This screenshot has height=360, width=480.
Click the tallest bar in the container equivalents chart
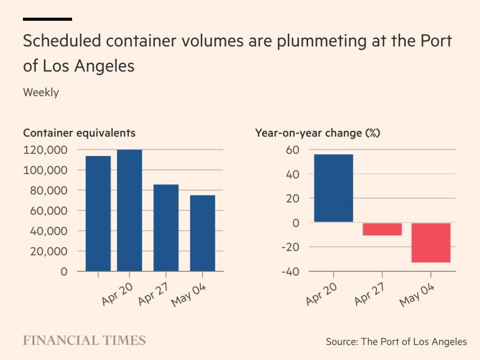[x=130, y=210]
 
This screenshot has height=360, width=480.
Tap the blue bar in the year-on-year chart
[x=333, y=188]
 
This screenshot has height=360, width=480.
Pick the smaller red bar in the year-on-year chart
[x=382, y=229]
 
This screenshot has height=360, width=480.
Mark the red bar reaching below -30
[x=431, y=242]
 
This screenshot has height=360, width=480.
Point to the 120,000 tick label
[x=45, y=150]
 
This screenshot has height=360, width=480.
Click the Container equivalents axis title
[x=79, y=133]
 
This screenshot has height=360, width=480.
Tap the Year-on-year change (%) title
[x=318, y=133]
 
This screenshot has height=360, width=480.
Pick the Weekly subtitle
[x=41, y=92]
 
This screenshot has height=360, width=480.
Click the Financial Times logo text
[x=84, y=341]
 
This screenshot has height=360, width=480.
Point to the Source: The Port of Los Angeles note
[x=396, y=342]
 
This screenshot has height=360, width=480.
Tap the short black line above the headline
[x=48, y=19]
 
